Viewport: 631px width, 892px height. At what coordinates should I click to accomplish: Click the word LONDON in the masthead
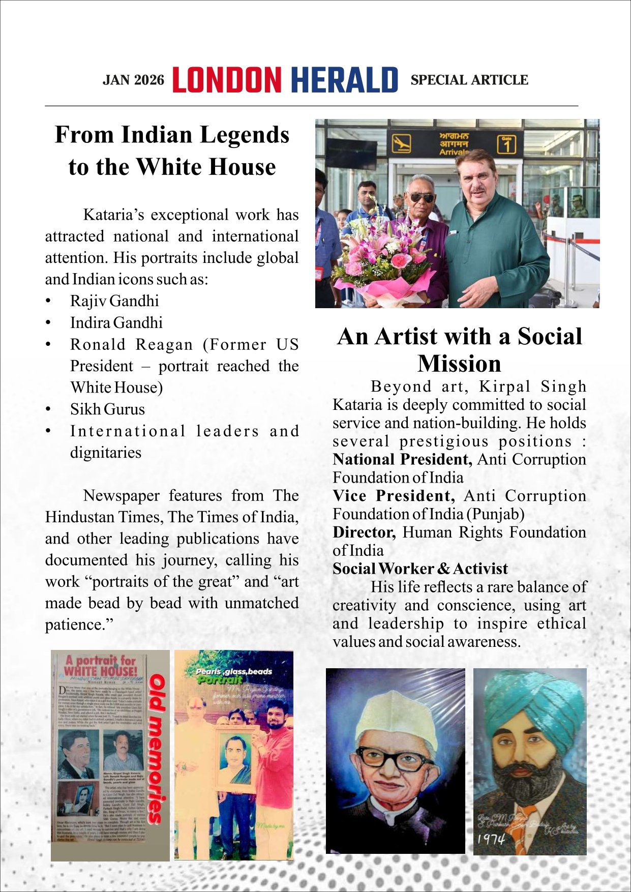[226, 80]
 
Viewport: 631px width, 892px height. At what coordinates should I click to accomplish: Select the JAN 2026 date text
[133, 80]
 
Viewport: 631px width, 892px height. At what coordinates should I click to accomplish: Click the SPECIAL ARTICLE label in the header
[469, 80]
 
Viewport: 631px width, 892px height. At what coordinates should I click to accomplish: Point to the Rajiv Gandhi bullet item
[114, 301]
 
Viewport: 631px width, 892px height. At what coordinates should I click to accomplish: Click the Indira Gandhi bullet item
[116, 323]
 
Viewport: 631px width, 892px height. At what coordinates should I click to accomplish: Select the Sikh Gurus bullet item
[107, 409]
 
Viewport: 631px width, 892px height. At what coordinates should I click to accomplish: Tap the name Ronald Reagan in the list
[132, 345]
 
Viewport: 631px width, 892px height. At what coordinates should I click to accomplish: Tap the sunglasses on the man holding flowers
[422, 197]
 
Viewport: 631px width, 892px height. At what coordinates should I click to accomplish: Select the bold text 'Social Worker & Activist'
[420, 569]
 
